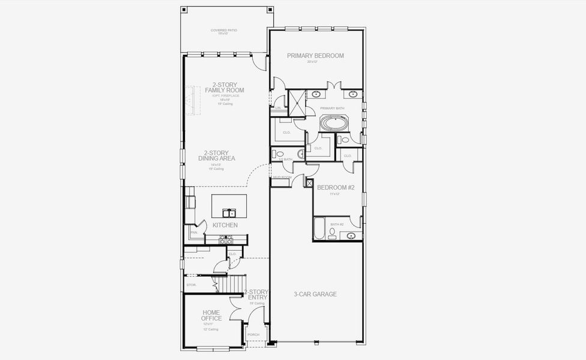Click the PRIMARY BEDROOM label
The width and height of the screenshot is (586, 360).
click(315, 56)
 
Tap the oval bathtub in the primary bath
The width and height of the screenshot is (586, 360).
click(332, 123)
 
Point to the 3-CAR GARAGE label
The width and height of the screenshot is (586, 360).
click(315, 294)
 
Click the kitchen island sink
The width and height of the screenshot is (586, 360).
click(229, 212)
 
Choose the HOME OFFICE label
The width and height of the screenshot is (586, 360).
click(211, 315)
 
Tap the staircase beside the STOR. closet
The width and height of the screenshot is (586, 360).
click(232, 282)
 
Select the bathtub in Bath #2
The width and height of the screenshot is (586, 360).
click(319, 229)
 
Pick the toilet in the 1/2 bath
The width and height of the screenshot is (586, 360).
click(279, 154)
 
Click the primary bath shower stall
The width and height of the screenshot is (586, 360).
click(297, 103)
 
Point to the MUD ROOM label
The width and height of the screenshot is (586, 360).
click(282, 178)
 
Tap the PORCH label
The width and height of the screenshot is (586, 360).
click(253, 335)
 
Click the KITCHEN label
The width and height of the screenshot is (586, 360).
click(225, 225)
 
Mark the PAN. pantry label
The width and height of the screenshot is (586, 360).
click(194, 232)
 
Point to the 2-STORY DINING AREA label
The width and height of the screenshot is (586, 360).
click(216, 155)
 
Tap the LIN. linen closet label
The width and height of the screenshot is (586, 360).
click(278, 108)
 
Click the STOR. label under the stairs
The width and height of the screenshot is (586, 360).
click(192, 284)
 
